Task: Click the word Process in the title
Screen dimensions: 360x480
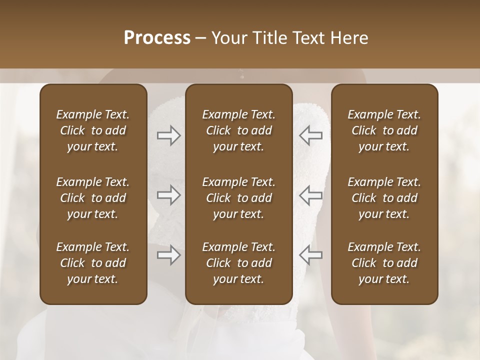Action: (x=157, y=38)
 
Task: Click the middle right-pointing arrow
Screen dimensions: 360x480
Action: (x=169, y=195)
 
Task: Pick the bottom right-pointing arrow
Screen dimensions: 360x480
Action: (x=169, y=255)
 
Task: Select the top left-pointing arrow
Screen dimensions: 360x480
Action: (x=311, y=135)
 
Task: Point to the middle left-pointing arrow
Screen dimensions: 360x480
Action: (x=311, y=195)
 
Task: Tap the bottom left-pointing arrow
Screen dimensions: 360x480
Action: (x=311, y=254)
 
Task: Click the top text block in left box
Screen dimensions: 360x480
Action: (x=93, y=130)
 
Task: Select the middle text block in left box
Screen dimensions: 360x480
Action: (x=93, y=198)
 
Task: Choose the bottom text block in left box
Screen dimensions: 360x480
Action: (x=93, y=263)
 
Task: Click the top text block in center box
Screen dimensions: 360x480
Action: (x=239, y=130)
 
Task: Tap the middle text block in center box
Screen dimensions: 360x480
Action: (x=239, y=198)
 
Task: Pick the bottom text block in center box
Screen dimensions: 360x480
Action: (x=239, y=263)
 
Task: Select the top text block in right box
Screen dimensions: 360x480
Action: (x=384, y=130)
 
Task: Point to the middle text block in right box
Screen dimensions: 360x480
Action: (x=384, y=198)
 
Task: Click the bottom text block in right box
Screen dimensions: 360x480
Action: (x=384, y=263)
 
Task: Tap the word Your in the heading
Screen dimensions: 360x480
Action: (x=228, y=38)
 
